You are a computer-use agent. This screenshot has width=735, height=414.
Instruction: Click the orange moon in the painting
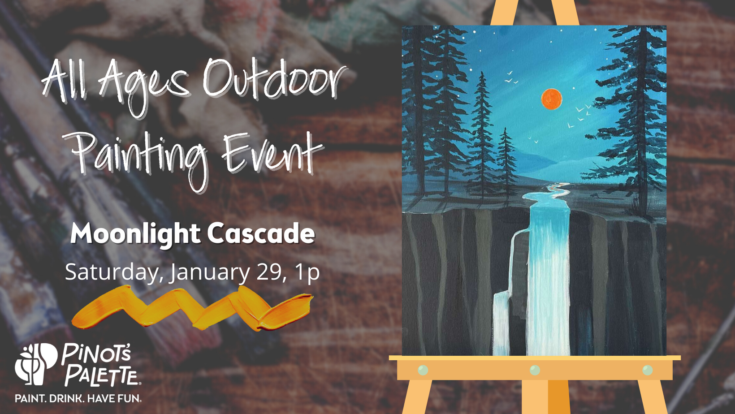(552, 99)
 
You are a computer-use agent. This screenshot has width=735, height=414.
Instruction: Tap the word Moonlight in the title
(135, 233)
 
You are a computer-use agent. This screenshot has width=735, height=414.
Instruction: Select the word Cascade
(261, 233)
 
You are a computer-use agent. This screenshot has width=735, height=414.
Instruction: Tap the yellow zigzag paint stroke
(192, 308)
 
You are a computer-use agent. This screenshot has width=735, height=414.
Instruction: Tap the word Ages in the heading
(144, 87)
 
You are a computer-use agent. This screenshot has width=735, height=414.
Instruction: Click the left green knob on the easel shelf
(423, 370)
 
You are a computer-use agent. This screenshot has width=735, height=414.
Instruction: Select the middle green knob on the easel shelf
(535, 370)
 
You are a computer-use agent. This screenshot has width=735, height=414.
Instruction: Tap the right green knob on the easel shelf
(648, 370)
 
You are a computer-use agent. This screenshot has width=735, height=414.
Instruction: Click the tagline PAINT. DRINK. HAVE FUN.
(78, 399)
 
